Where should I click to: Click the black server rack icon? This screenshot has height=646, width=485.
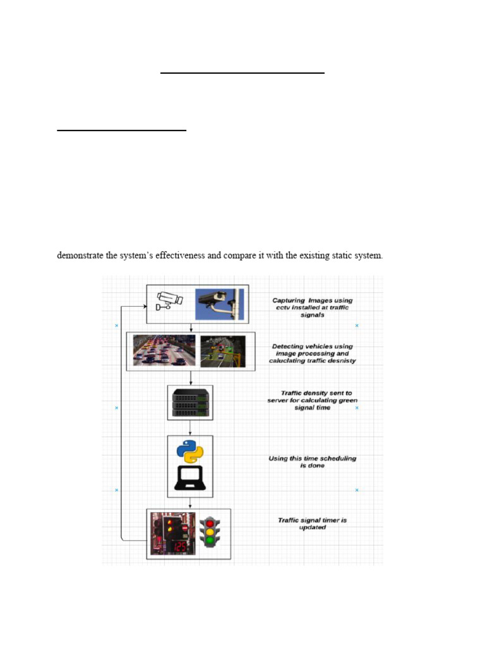[x=190, y=402]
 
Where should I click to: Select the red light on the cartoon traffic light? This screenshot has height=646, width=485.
[x=210, y=523]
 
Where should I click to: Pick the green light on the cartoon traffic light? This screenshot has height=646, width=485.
[x=210, y=541]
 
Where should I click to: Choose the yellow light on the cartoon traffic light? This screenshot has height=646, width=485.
[x=210, y=532]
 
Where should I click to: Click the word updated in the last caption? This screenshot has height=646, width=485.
[x=312, y=527]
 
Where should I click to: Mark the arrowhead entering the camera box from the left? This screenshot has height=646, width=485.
[x=143, y=305]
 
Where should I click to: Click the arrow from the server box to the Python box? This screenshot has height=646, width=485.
[x=190, y=428]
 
